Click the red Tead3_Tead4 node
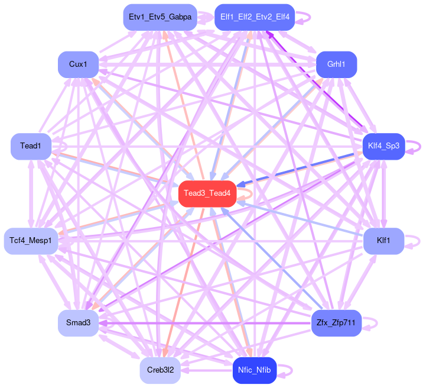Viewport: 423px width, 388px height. [x=207, y=193]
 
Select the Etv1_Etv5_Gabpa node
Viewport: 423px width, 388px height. [x=160, y=17]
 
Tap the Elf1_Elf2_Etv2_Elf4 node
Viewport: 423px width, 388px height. [x=255, y=17]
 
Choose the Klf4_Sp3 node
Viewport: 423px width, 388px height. [x=383, y=145]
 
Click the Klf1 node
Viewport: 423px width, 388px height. [x=383, y=241]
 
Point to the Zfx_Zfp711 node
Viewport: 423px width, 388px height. [x=336, y=323]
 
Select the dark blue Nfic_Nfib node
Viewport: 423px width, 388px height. [x=255, y=370]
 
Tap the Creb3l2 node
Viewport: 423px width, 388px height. [x=160, y=370]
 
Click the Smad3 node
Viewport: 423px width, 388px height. [x=78, y=323]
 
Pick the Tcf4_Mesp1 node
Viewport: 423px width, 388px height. [x=31, y=241]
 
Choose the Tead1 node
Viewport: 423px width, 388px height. [x=30, y=145]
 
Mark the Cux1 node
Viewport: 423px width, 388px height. [x=78, y=64]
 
